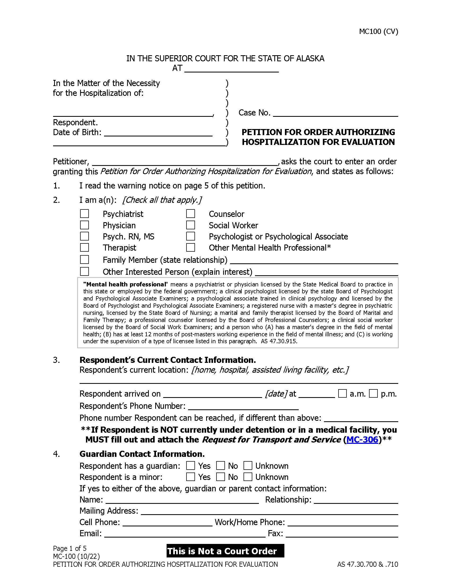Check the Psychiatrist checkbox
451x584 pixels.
coord(84,214)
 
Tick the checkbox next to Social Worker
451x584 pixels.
coord(190,225)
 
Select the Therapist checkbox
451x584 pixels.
coord(84,247)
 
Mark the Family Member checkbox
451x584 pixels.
coord(84,259)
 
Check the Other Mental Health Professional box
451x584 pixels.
coord(190,247)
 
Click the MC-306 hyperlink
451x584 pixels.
coord(362,440)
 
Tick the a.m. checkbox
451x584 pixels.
coord(342,394)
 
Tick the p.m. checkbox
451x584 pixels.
coord(373,394)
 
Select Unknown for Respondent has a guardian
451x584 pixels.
coord(248,466)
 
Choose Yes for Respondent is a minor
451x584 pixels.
coord(190,477)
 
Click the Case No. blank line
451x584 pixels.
coord(335,113)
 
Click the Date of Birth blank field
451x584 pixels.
coord(158,133)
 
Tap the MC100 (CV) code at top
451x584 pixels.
coord(378,32)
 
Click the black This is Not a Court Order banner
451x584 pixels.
coord(225,551)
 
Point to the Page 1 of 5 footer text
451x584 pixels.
coord(70,548)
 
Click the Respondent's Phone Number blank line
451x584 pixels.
coord(243,406)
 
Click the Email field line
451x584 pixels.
coord(184,534)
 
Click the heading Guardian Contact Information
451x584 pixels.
coord(142,454)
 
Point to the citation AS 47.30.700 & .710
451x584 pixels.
coord(367,564)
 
